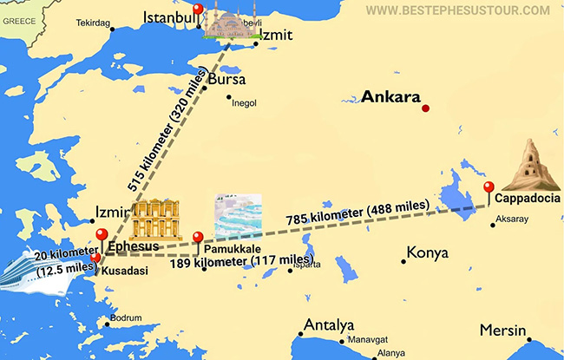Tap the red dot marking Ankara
(x=425, y=108)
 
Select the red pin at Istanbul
(x=198, y=10)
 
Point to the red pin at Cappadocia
(x=489, y=187)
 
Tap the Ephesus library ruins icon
(x=154, y=219)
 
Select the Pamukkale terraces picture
(x=238, y=216)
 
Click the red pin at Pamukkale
(x=198, y=239)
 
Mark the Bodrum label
(x=126, y=318)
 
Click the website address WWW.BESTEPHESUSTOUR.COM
(x=457, y=10)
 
